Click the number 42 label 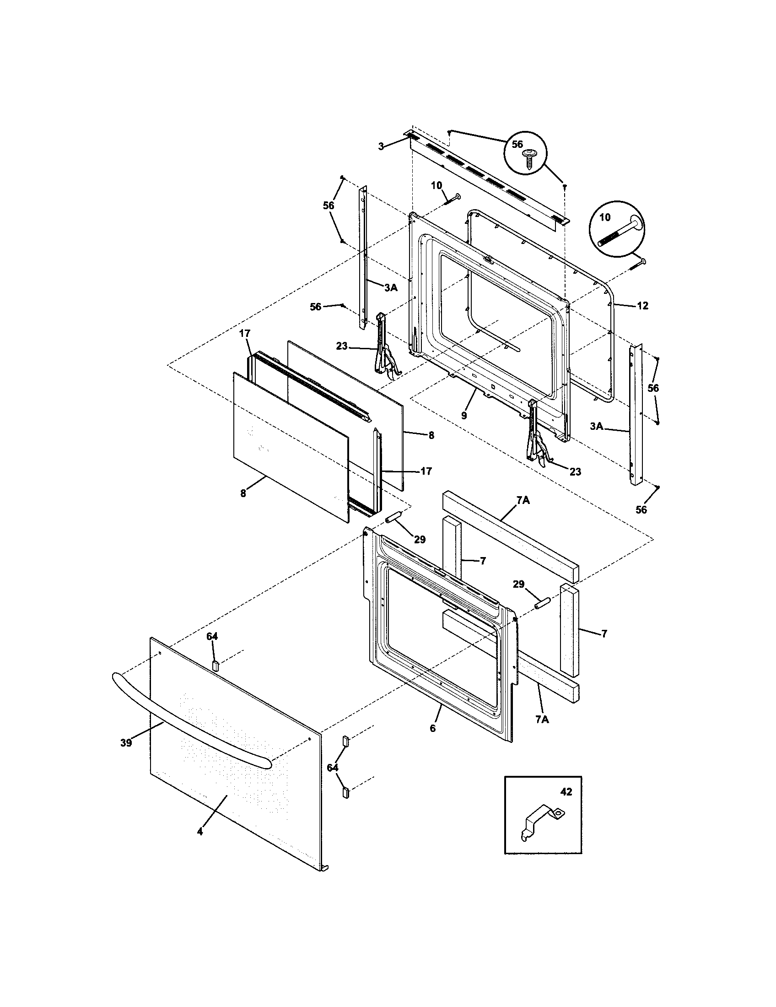[x=566, y=792]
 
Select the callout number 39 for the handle [x=126, y=743]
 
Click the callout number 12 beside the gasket [x=643, y=305]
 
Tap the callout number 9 [x=463, y=416]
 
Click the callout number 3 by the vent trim [x=381, y=146]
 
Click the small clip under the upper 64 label [x=215, y=665]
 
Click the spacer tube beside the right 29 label [x=541, y=603]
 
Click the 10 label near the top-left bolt [x=436, y=185]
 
